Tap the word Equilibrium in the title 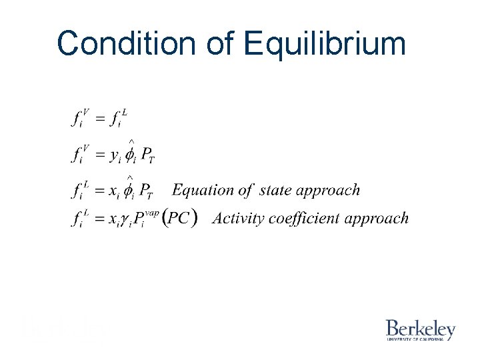[325, 44]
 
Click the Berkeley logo [420, 330]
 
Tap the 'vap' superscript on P [152, 212]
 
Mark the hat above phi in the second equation [132, 142]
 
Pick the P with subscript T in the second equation [148, 156]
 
